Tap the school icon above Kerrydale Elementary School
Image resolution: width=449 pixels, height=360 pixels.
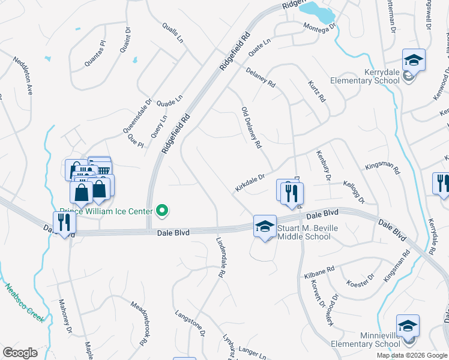(414, 60)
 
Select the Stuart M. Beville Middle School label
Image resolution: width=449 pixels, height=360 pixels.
(304, 232)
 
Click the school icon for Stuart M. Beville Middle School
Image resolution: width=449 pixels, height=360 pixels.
(264, 226)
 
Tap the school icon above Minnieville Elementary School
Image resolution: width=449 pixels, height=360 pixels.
(408, 326)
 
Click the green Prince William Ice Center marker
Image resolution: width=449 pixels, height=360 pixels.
(161, 211)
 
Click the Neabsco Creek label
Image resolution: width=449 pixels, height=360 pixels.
(25, 302)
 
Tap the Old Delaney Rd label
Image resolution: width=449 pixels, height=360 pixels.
(251, 128)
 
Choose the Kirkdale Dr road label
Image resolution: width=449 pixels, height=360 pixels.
(250, 184)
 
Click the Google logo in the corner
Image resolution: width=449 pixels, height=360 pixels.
(20, 352)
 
